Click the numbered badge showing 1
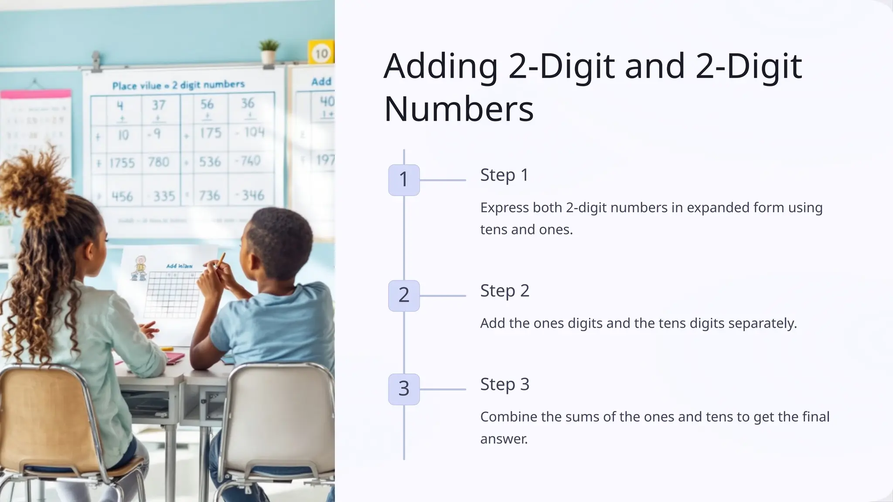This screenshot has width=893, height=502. [x=404, y=180]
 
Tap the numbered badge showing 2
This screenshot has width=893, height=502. [x=404, y=295]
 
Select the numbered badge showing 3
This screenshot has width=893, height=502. [x=404, y=389]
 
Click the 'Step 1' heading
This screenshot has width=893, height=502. [x=504, y=175]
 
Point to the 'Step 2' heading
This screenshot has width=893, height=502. [x=504, y=291]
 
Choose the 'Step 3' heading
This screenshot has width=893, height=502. [x=504, y=384]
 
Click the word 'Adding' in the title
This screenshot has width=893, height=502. [x=441, y=66]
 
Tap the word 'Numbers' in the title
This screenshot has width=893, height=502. [x=459, y=109]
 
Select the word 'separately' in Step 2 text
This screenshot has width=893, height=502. [x=761, y=323]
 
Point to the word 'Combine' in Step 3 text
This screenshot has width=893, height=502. [x=508, y=417]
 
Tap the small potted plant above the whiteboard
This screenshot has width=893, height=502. [x=269, y=51]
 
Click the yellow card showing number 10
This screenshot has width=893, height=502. [x=321, y=53]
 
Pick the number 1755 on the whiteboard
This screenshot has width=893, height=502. [x=122, y=163]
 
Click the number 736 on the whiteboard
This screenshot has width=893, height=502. [x=209, y=196]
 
